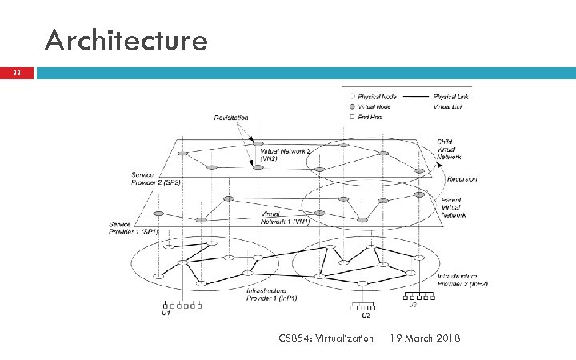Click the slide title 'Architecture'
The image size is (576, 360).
[x=126, y=40]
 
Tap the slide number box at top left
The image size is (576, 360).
[x=17, y=74]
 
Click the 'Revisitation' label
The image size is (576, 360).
[x=230, y=118]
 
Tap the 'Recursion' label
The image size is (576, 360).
[x=462, y=179]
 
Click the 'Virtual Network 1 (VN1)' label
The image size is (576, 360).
[x=286, y=218]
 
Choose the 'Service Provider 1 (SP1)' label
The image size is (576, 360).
[x=133, y=227]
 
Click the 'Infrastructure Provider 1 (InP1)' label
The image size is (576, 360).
[x=270, y=295]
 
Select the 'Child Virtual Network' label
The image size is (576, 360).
[x=449, y=150]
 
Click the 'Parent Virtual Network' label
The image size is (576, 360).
[x=454, y=207]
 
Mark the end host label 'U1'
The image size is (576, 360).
[x=166, y=313]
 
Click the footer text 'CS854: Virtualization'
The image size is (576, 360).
[x=326, y=338]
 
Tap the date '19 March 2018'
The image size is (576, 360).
[x=424, y=338]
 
